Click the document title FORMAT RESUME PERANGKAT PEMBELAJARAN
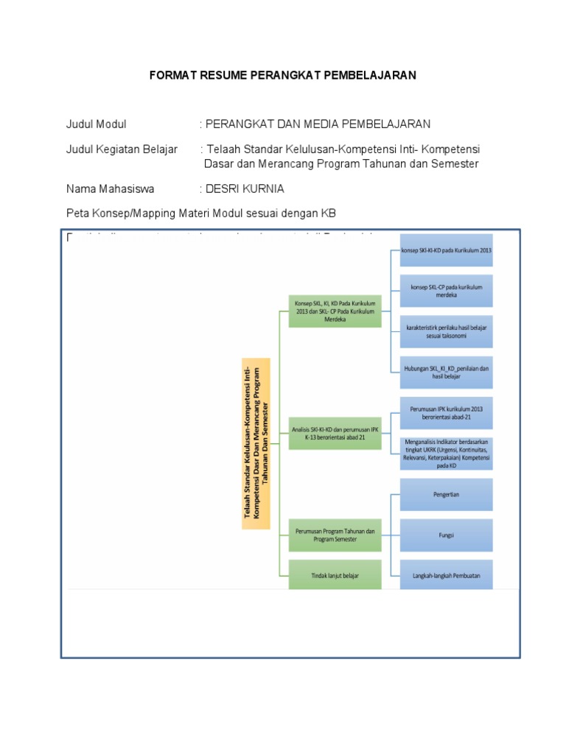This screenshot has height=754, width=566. [283, 75]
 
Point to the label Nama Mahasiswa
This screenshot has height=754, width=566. [111, 189]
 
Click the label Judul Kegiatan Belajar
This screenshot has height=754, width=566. [122, 149]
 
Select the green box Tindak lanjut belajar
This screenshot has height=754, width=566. [335, 574]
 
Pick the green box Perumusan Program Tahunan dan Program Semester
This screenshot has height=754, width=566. [335, 535]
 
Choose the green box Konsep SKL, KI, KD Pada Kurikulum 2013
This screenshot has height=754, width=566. [335, 311]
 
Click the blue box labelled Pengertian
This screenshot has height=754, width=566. [446, 494]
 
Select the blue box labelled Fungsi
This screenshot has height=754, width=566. [446, 535]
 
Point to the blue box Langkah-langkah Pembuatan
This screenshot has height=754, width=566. [446, 575]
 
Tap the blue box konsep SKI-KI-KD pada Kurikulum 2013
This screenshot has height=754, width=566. [446, 250]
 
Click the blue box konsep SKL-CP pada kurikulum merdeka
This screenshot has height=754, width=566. [446, 291]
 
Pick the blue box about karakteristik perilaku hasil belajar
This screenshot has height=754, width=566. [446, 331]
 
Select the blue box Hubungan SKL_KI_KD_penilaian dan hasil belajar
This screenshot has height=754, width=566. [446, 371]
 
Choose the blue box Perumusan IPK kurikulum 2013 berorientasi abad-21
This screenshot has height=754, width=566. [446, 412]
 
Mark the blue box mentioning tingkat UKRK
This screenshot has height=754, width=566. [446, 452]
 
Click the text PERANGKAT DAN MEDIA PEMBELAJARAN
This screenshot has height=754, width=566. [318, 124]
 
